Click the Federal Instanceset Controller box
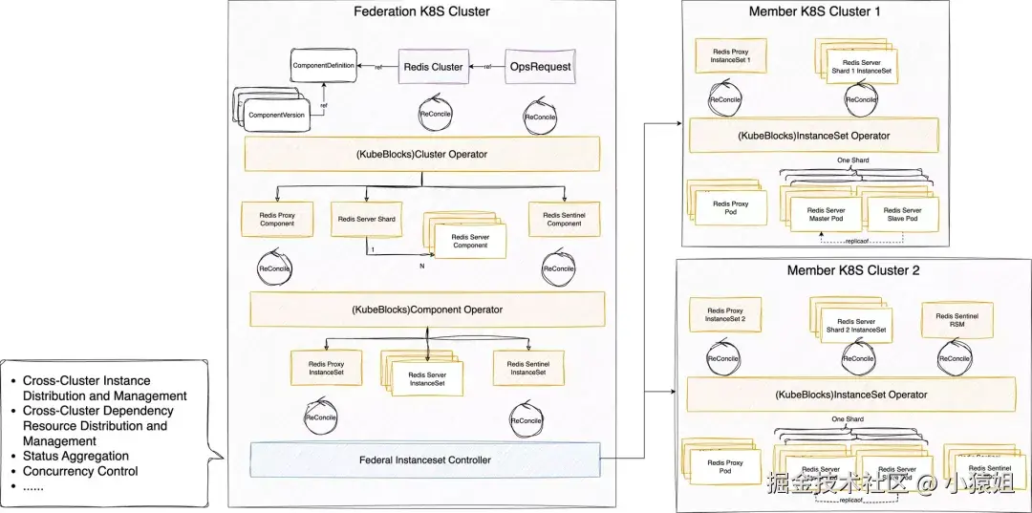425,460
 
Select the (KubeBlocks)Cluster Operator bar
422,154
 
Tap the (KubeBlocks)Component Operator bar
427,309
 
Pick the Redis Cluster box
433,67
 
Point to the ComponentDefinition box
323,66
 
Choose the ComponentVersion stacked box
277,115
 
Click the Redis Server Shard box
366,219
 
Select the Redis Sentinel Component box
564,219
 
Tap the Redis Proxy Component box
278,219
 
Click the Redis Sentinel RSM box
957,321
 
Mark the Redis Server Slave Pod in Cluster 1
903,215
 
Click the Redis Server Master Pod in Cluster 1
825,215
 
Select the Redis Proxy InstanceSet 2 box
725,315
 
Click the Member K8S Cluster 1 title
814,12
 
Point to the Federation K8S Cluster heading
421,12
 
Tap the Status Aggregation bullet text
75,457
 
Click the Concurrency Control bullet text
80,471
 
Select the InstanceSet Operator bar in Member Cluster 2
850,394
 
